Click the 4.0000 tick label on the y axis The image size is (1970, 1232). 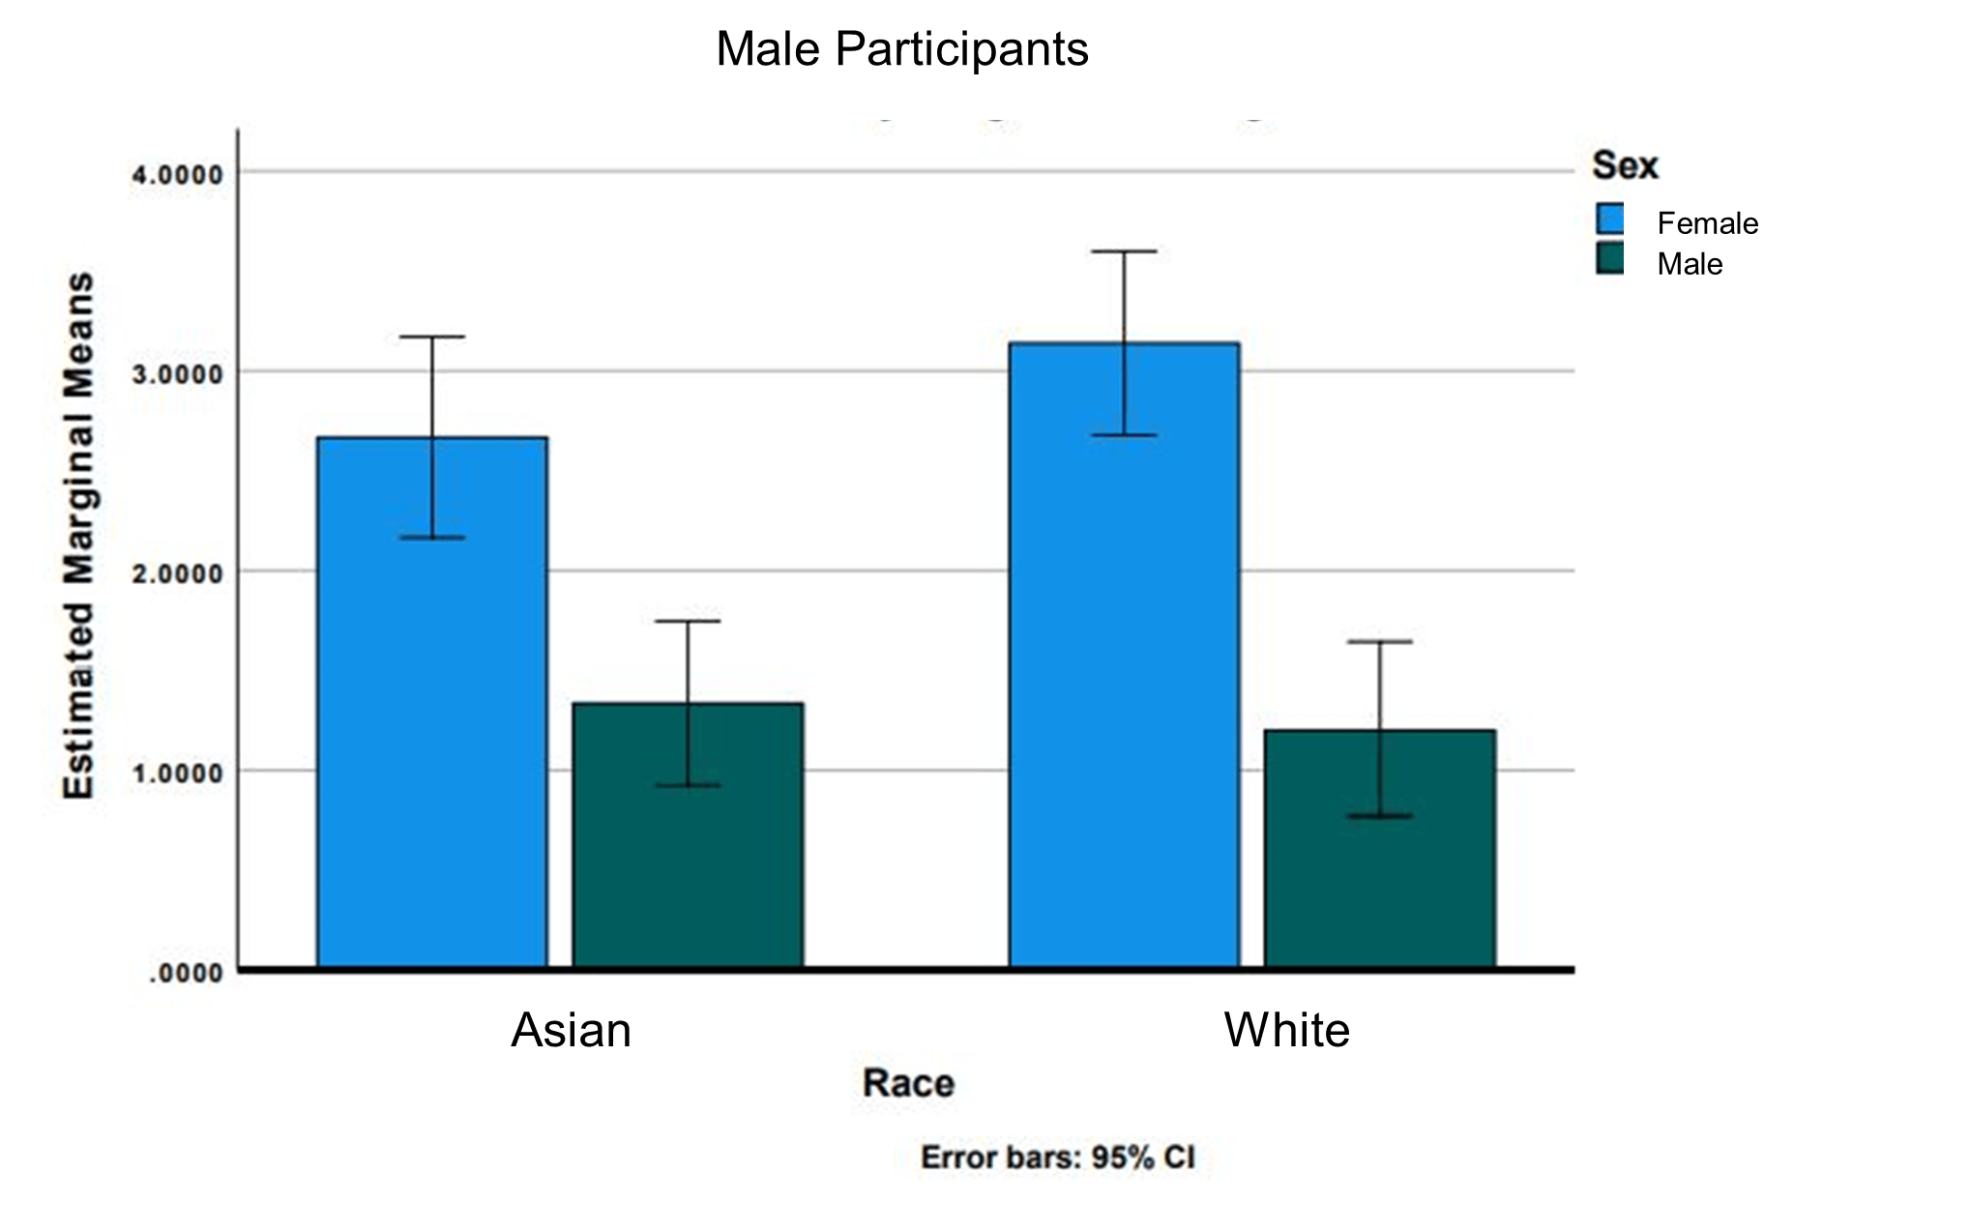pos(177,175)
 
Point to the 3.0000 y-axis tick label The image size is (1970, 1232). pos(177,374)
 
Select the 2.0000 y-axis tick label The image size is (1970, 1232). pos(177,573)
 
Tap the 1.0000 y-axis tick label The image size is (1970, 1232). pos(177,773)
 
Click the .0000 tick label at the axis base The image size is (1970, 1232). pos(186,973)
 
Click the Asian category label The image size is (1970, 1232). pos(571,1030)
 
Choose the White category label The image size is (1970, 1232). pos(1286,1030)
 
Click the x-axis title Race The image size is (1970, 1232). pos(908,1083)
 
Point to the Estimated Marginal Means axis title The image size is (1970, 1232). pos(79,535)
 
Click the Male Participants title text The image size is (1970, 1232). pos(901,49)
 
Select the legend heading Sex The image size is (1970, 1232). pos(1625,165)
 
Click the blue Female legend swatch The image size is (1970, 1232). pos(1610,219)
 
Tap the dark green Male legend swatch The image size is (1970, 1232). pos(1610,259)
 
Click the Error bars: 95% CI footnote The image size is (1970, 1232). pos(1057,1158)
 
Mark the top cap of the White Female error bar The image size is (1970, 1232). pos(1124,251)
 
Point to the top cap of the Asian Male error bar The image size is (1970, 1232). pos(688,621)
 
